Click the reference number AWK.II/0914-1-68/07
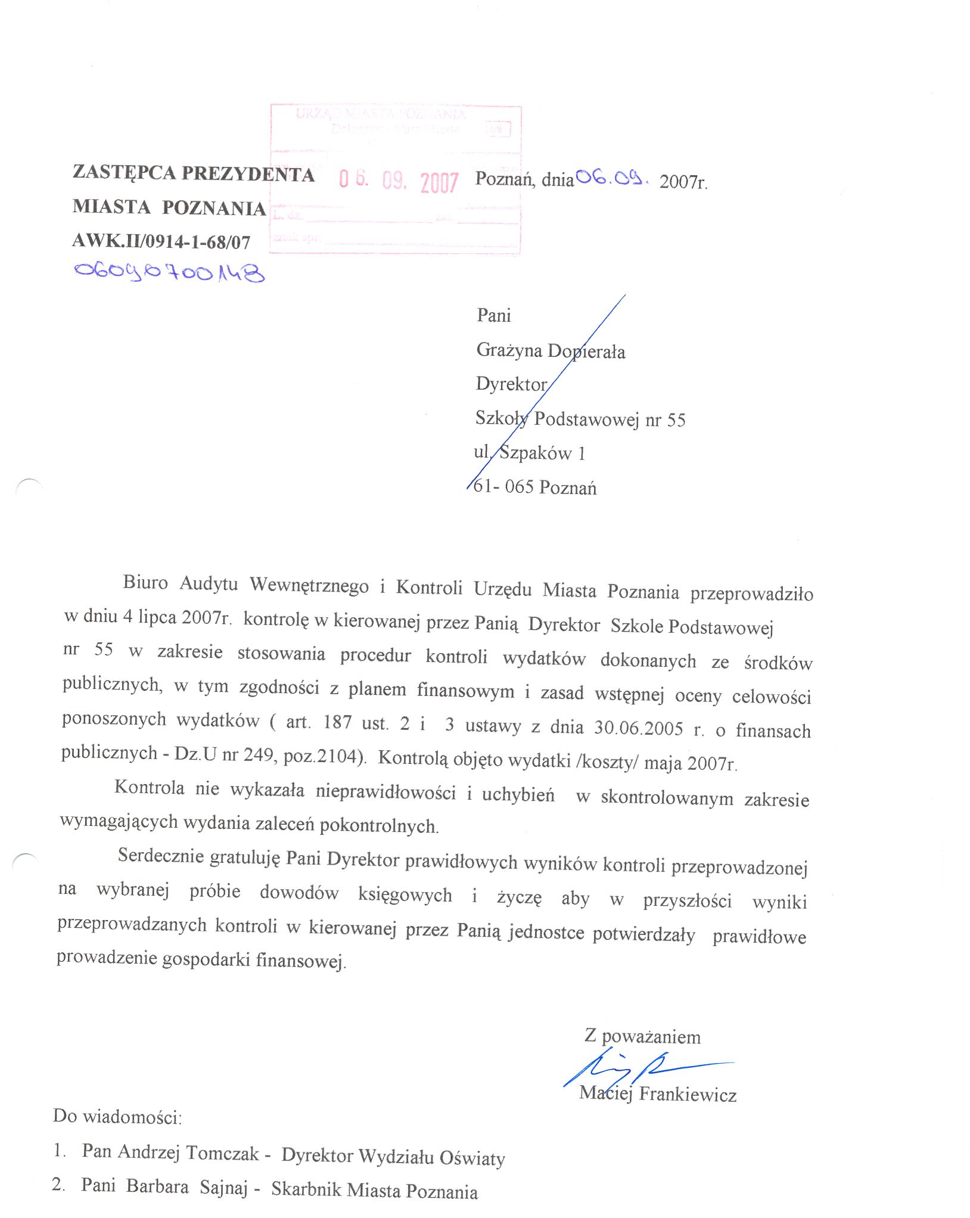161,241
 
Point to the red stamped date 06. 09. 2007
399,180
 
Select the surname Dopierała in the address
586,352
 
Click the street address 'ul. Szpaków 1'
530,453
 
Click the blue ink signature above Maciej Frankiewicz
643,1069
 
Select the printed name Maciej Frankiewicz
658,1094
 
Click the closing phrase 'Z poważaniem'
642,1037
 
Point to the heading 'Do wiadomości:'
117,1116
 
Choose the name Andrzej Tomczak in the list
188,1152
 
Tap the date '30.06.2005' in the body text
638,728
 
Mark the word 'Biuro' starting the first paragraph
145,582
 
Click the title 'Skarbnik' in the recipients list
306,1189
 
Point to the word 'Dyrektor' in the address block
511,384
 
